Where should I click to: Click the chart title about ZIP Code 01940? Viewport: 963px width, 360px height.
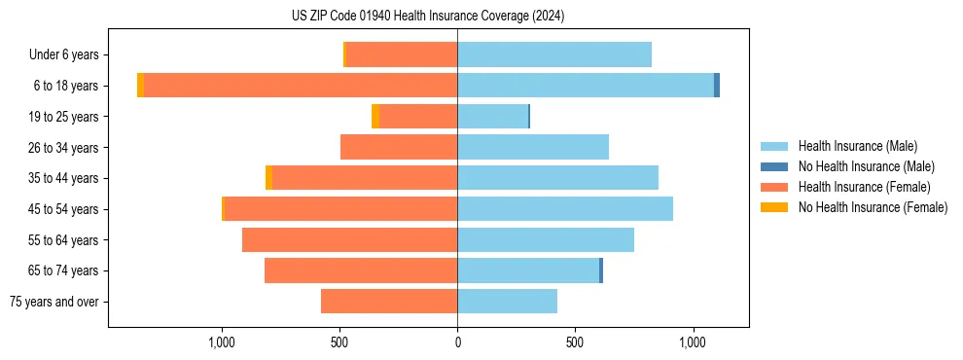coord(428,16)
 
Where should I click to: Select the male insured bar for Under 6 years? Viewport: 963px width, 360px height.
coord(554,54)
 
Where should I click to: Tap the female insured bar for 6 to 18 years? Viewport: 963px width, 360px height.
coord(301,86)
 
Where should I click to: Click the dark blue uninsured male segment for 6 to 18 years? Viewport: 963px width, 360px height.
coord(717,86)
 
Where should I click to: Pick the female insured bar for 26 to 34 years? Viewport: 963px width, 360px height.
coord(399,147)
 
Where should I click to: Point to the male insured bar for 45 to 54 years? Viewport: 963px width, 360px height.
coord(565,209)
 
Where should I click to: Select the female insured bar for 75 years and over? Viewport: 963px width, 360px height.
coord(389,302)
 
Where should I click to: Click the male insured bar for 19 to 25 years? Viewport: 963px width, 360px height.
coord(493,117)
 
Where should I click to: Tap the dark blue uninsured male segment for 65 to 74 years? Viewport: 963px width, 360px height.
coord(601,270)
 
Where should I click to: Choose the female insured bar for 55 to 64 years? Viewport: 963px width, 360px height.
coord(350,239)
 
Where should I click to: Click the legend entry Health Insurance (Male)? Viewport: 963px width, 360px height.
coord(857,146)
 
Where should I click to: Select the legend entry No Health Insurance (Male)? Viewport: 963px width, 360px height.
coord(866,166)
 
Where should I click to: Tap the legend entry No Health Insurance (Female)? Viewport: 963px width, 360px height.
coord(873,207)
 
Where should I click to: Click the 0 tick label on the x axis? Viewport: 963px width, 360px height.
coord(457,343)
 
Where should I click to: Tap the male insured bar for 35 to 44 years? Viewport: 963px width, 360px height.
coord(558,178)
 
